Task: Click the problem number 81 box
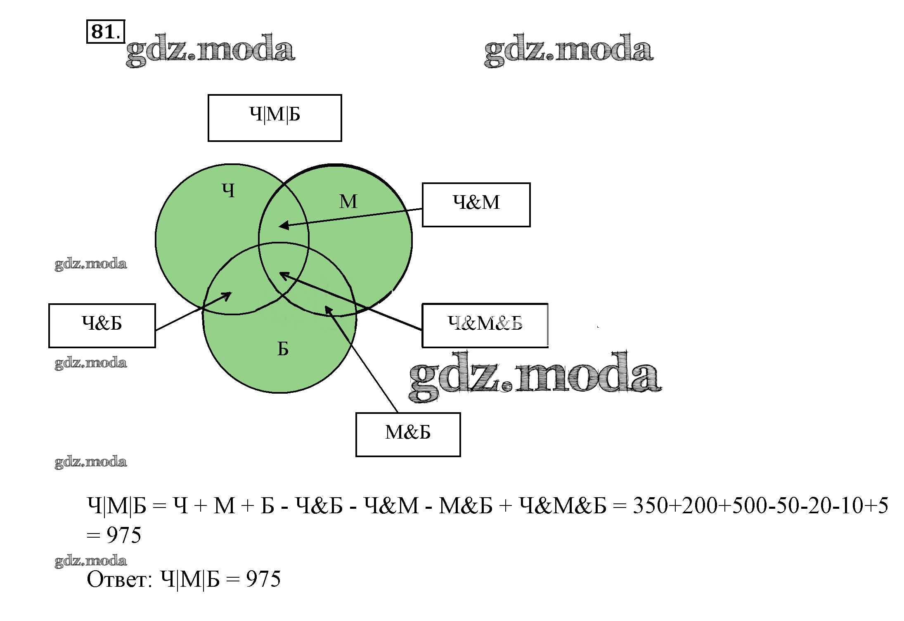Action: click(105, 31)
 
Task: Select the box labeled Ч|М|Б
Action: click(275, 118)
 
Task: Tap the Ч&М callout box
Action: click(476, 205)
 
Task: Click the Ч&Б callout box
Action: click(102, 326)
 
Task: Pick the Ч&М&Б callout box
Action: click(485, 326)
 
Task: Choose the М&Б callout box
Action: click(408, 434)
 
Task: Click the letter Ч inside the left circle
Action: click(228, 191)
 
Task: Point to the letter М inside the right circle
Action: click(348, 202)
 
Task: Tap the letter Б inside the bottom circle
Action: click(283, 349)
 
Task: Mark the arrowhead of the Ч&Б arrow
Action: click(228, 294)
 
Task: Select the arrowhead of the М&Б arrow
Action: click(327, 308)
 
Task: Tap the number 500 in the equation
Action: click(748, 505)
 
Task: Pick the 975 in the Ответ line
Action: click(263, 579)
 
